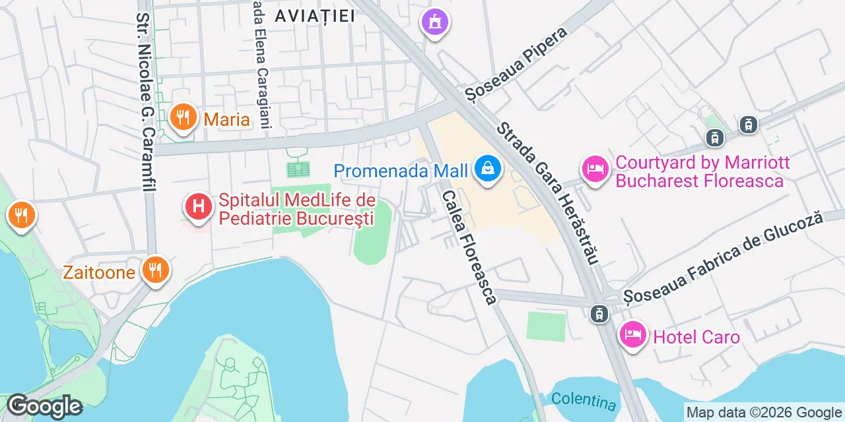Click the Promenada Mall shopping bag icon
point(487,169)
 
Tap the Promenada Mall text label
point(401,171)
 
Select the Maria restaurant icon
point(183,119)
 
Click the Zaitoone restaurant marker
point(155,270)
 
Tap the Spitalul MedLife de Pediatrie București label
point(296,209)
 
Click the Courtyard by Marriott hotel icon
point(595,169)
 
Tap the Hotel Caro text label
point(696,338)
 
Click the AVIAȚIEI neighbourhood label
point(314,16)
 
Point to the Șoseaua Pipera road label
point(516,63)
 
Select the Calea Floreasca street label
point(469,247)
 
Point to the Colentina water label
point(584,400)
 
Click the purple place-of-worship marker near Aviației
point(435,23)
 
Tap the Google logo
point(44,406)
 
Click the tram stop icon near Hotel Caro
point(599,314)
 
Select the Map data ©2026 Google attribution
point(764,413)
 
